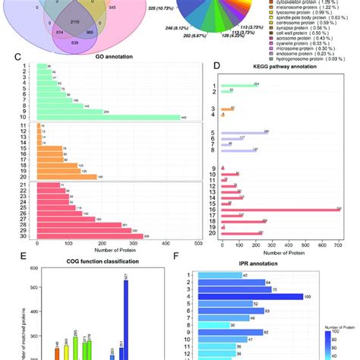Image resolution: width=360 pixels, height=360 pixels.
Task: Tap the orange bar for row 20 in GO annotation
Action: click(x=68, y=176)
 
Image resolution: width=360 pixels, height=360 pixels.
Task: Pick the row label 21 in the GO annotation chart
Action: click(x=11, y=186)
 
